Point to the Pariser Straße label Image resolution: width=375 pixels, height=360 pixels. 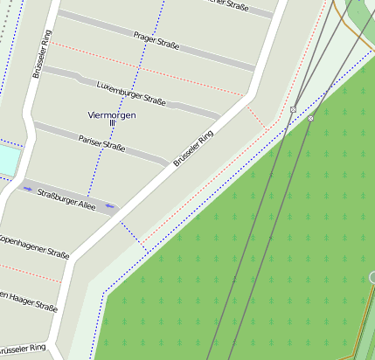coord(101,144)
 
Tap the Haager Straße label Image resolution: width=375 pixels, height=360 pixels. coord(29,301)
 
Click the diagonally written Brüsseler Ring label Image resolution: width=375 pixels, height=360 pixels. coord(193,149)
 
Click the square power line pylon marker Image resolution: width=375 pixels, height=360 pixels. coord(293,110)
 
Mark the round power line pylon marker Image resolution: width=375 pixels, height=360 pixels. coord(310,118)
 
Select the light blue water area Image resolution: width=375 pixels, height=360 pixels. coord(7,160)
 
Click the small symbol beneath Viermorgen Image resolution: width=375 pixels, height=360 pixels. coord(112,127)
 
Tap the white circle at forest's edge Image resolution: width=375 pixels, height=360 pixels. coord(372,278)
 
